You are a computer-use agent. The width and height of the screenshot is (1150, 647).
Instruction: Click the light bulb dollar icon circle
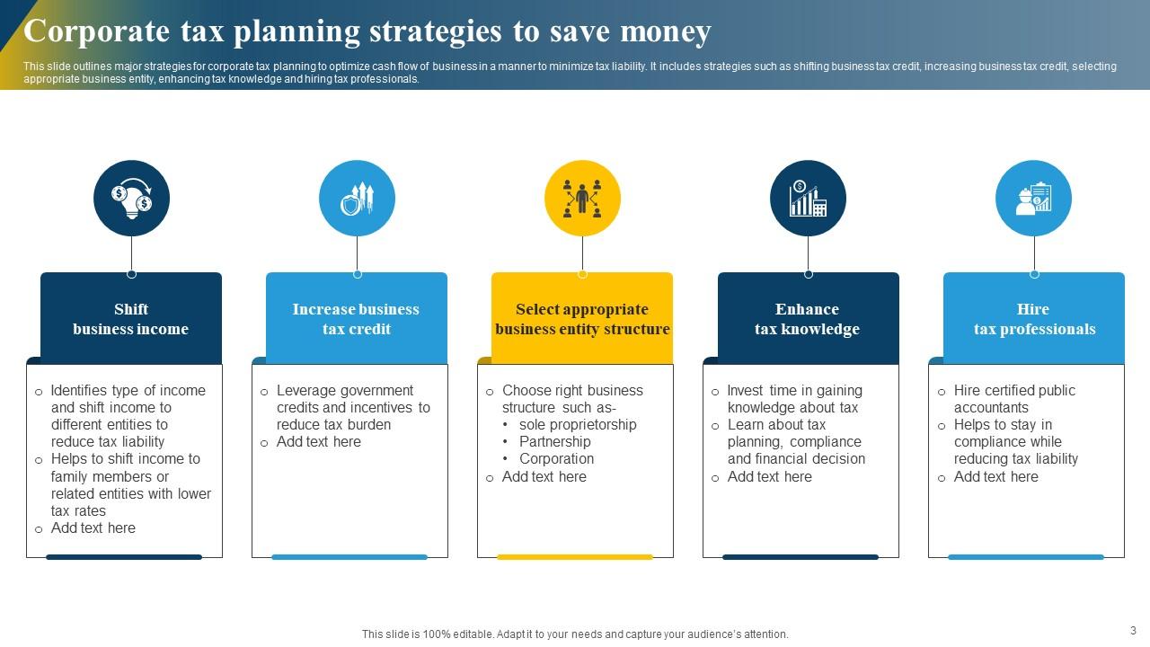coord(131,199)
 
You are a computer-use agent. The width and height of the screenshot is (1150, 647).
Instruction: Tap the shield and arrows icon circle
coord(357,199)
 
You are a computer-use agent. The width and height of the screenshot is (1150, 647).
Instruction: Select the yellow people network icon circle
coord(582,199)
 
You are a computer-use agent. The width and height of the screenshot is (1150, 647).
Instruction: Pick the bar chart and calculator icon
coord(808,199)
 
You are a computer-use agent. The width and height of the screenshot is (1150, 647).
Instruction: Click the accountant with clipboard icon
coord(1033,199)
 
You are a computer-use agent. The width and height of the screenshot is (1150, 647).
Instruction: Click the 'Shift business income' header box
coord(131,319)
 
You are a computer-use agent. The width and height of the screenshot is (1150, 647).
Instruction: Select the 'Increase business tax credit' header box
coord(357,319)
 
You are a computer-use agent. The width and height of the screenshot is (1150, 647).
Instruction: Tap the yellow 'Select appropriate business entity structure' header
coord(582,319)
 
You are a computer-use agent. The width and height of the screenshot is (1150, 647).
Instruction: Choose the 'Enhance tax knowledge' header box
coord(808,319)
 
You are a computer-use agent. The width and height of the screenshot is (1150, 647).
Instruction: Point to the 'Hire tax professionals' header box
coord(1034,319)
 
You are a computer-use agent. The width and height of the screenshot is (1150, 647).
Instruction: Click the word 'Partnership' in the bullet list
coord(554,442)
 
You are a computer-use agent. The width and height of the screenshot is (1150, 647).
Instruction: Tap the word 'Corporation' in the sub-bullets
coord(556,459)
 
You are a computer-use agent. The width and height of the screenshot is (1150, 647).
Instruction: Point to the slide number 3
coord(1133,631)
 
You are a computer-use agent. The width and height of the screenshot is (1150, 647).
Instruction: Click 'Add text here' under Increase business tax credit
coord(318,442)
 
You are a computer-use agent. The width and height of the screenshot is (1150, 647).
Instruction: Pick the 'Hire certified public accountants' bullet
coord(1013,399)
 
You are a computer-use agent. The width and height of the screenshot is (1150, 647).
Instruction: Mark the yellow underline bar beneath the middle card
coord(575,557)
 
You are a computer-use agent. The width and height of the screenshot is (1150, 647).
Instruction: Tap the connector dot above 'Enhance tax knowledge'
coord(808,274)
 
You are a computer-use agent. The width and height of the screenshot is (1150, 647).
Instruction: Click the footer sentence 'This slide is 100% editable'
coord(575,634)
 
